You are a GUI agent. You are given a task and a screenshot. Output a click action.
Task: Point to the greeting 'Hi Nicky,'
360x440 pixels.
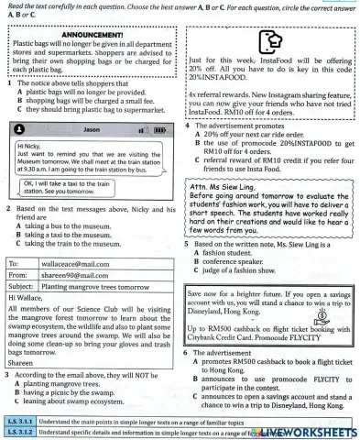point(33,146)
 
